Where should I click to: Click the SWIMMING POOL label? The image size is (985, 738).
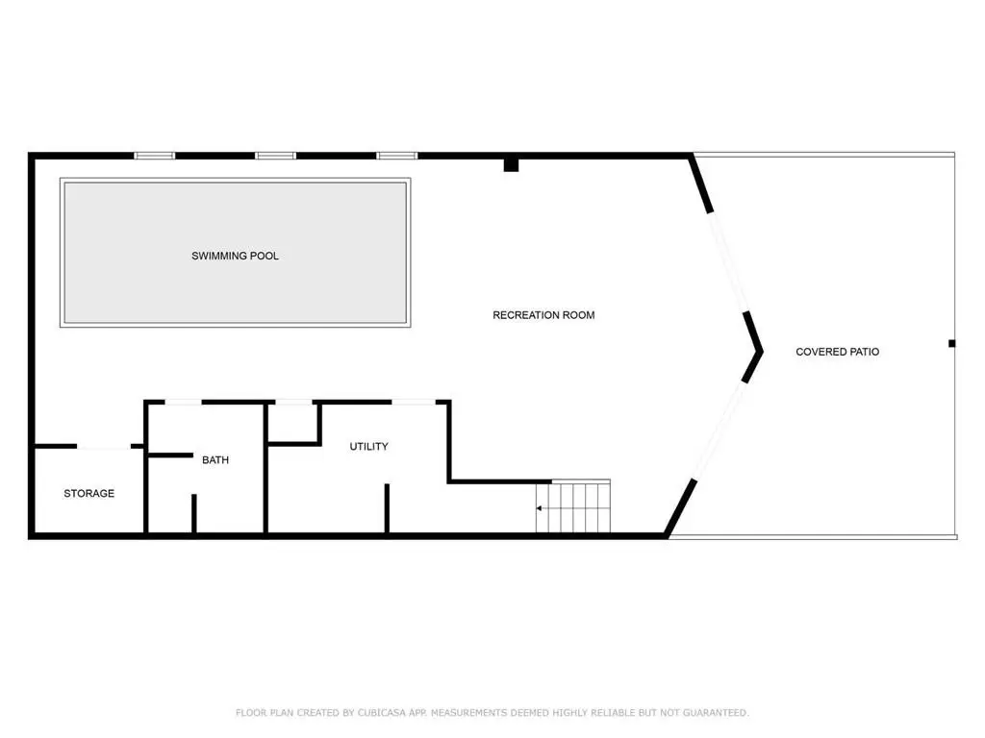[235, 256]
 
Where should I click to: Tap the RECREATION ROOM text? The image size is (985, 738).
[543, 315]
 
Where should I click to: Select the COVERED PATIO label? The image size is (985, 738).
[838, 352]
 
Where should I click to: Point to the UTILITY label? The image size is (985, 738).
[368, 446]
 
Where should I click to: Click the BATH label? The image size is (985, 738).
[215, 460]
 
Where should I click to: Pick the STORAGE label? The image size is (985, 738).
[89, 493]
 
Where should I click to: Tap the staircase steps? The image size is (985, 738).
[573, 506]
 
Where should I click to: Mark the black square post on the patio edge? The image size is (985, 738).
[951, 343]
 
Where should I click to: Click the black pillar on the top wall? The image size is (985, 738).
[512, 165]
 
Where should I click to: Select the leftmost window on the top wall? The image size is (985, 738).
[155, 156]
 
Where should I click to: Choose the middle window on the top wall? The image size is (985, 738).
[275, 156]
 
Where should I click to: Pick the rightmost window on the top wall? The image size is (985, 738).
[397, 156]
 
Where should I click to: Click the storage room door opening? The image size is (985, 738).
[104, 446]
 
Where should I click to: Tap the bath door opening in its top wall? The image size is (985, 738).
[183, 402]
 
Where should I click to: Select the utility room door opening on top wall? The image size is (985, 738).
[414, 402]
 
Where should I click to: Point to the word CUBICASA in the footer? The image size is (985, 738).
[382, 713]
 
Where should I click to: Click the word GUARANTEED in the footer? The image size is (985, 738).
[716, 713]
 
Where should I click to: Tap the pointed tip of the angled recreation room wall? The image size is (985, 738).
[762, 352]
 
